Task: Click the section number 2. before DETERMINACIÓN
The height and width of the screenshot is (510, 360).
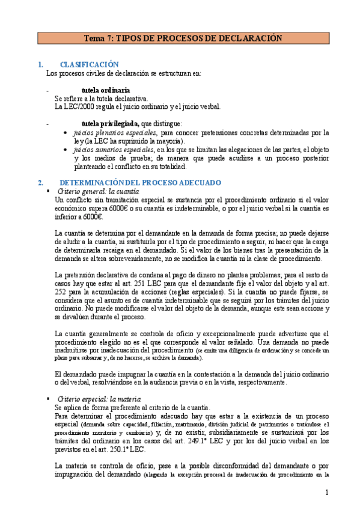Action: coord(40,182)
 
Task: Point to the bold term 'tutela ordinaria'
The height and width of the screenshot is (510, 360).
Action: coord(106,90)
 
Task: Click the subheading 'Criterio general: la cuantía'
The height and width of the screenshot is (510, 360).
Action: coord(98,191)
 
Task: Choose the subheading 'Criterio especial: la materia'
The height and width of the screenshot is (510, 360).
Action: coord(99,399)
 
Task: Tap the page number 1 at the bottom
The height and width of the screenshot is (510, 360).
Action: coord(328,493)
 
